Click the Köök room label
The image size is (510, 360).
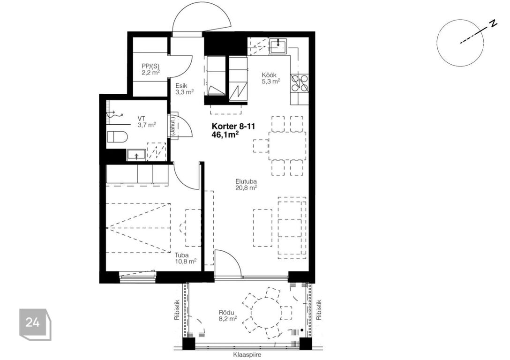[x=269, y=75]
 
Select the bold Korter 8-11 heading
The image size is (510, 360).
[x=233, y=126]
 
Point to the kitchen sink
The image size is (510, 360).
[x=278, y=45]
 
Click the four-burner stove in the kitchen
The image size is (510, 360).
[x=300, y=82]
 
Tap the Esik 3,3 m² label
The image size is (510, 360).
[x=184, y=89]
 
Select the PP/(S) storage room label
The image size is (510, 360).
[x=150, y=69]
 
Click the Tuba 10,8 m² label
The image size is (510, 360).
[x=185, y=258]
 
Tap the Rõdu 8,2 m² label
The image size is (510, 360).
[x=227, y=316]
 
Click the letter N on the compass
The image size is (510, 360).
[x=494, y=23]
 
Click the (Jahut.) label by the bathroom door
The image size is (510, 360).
[x=172, y=126]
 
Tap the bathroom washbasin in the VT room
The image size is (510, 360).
[x=136, y=155]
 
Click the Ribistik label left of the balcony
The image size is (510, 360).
[x=177, y=310]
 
